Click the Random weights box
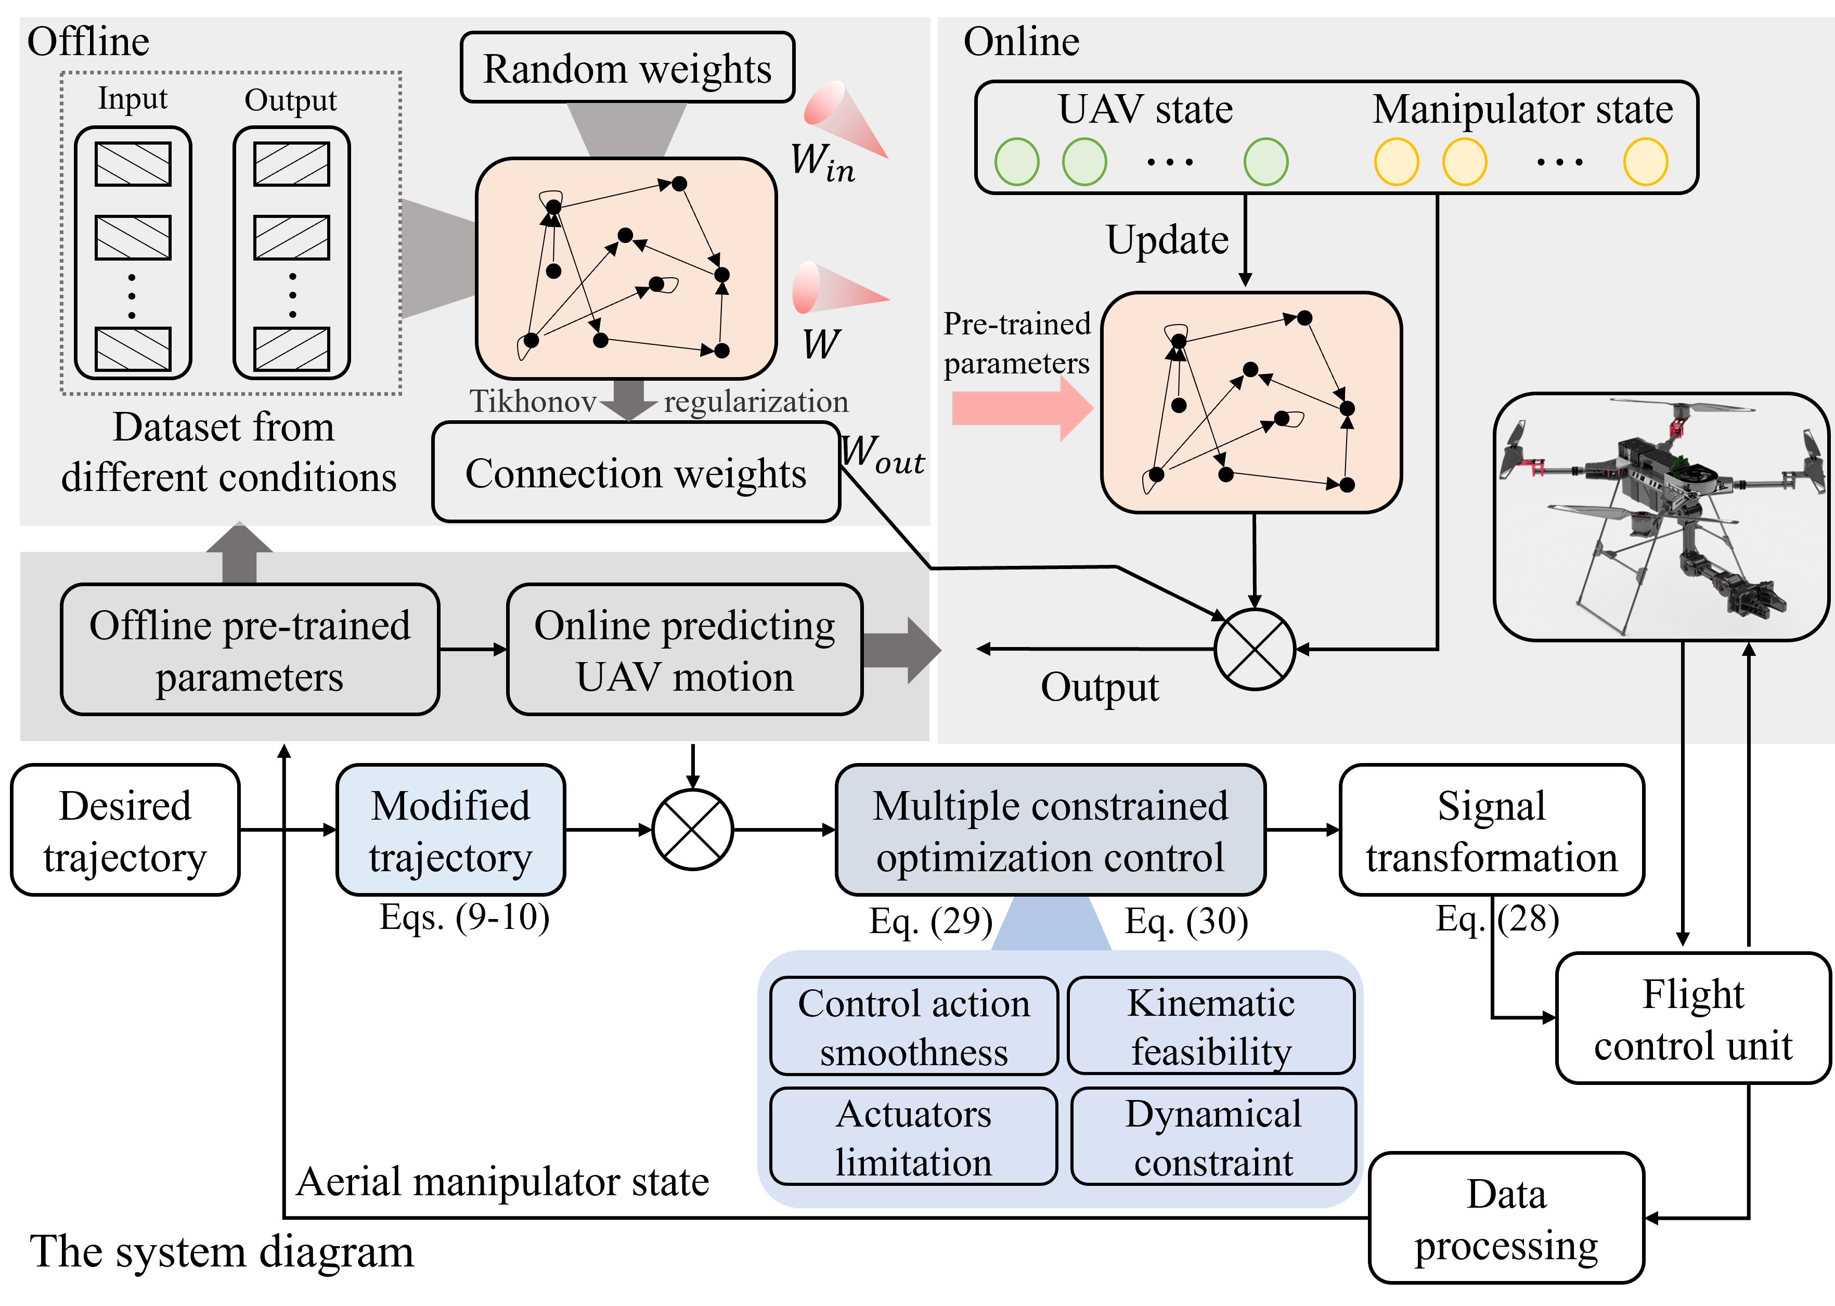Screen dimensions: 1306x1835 point(627,68)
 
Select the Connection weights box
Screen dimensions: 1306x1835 point(635,473)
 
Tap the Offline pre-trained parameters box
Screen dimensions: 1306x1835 point(249,650)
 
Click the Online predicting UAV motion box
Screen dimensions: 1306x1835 point(684,650)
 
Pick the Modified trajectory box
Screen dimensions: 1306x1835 point(450,830)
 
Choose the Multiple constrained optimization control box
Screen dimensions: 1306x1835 point(1050,830)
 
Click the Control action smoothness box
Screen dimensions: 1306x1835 point(913,1026)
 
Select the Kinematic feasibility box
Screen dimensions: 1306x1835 point(1211,1026)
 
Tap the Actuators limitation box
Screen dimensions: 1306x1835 point(913,1136)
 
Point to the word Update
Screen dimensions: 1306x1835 point(1167,240)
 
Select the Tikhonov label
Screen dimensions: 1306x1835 point(532,400)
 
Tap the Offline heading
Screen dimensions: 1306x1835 point(88,41)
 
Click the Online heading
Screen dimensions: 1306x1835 point(1021,41)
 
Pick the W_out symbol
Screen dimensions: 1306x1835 point(882,455)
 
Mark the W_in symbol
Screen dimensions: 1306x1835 point(822,162)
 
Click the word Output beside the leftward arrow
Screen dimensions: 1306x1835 point(1099,688)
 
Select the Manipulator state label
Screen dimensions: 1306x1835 point(1522,109)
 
